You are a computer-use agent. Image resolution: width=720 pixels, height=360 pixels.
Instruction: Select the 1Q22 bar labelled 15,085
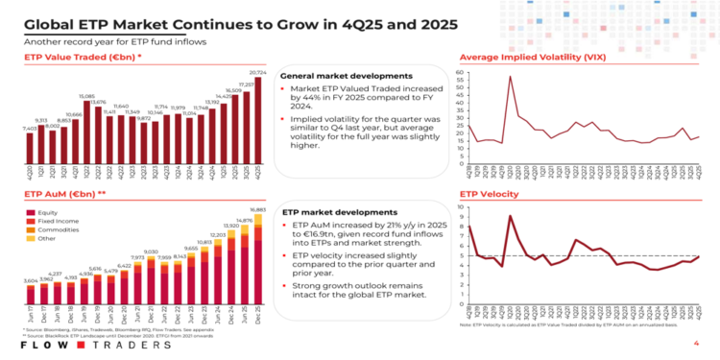click(86, 134)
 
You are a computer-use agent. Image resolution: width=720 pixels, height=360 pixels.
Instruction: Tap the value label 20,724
click(256, 73)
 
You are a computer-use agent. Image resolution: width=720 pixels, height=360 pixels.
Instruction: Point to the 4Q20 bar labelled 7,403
click(30, 149)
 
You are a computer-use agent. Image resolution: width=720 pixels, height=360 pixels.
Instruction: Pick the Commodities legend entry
click(55, 229)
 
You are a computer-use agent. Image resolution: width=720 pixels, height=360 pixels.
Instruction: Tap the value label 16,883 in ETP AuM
click(257, 208)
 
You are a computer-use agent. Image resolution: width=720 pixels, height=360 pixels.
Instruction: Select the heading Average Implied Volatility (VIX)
click(533, 58)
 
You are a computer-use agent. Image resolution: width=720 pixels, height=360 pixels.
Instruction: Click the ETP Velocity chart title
click(492, 193)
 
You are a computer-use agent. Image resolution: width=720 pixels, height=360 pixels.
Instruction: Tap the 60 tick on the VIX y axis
click(462, 72)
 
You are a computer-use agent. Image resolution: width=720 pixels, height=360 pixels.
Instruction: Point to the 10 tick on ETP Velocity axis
click(462, 206)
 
